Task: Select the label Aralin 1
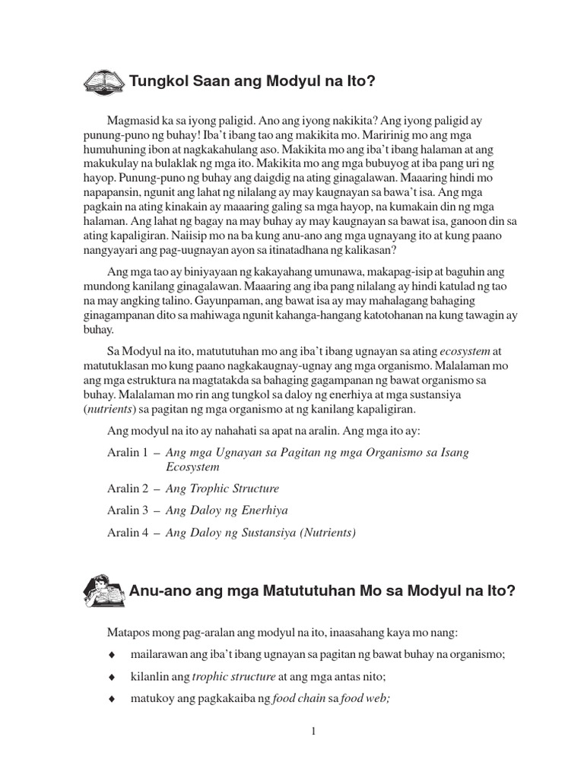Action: point(127,452)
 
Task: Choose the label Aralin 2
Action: point(127,489)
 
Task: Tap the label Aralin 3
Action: point(127,511)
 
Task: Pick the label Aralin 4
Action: point(127,533)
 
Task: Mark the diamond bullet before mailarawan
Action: point(112,654)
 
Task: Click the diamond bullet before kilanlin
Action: point(112,676)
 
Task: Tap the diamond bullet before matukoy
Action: point(112,698)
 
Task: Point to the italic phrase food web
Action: point(367,698)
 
